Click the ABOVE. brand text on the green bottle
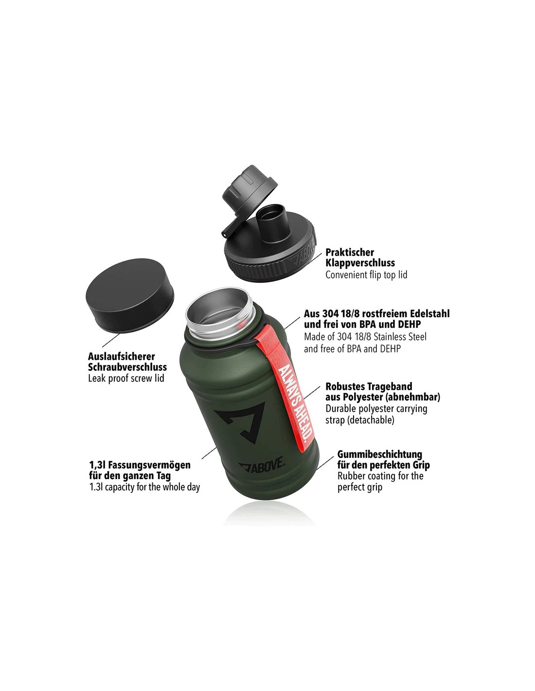point(262,467)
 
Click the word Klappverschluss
point(360,263)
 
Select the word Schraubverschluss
point(127,367)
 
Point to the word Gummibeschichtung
point(380,454)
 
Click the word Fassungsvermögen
point(149,465)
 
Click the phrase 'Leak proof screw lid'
point(126,379)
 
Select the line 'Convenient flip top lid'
point(366,275)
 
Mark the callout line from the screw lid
point(111,340)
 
